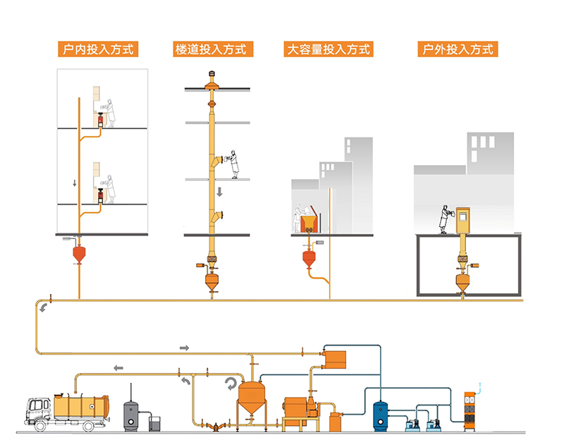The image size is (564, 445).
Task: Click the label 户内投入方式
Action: tap(96, 49)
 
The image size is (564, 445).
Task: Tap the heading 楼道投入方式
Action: tap(210, 49)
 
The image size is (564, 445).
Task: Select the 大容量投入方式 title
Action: tap(328, 49)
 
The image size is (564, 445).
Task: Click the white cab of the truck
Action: tap(39, 408)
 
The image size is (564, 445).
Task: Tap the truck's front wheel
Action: tap(39, 425)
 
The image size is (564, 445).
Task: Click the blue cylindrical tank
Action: tap(382, 414)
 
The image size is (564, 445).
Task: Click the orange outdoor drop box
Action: tap(463, 221)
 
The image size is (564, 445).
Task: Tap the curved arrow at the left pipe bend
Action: tap(44, 307)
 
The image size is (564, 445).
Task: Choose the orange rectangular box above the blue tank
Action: tap(336, 358)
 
